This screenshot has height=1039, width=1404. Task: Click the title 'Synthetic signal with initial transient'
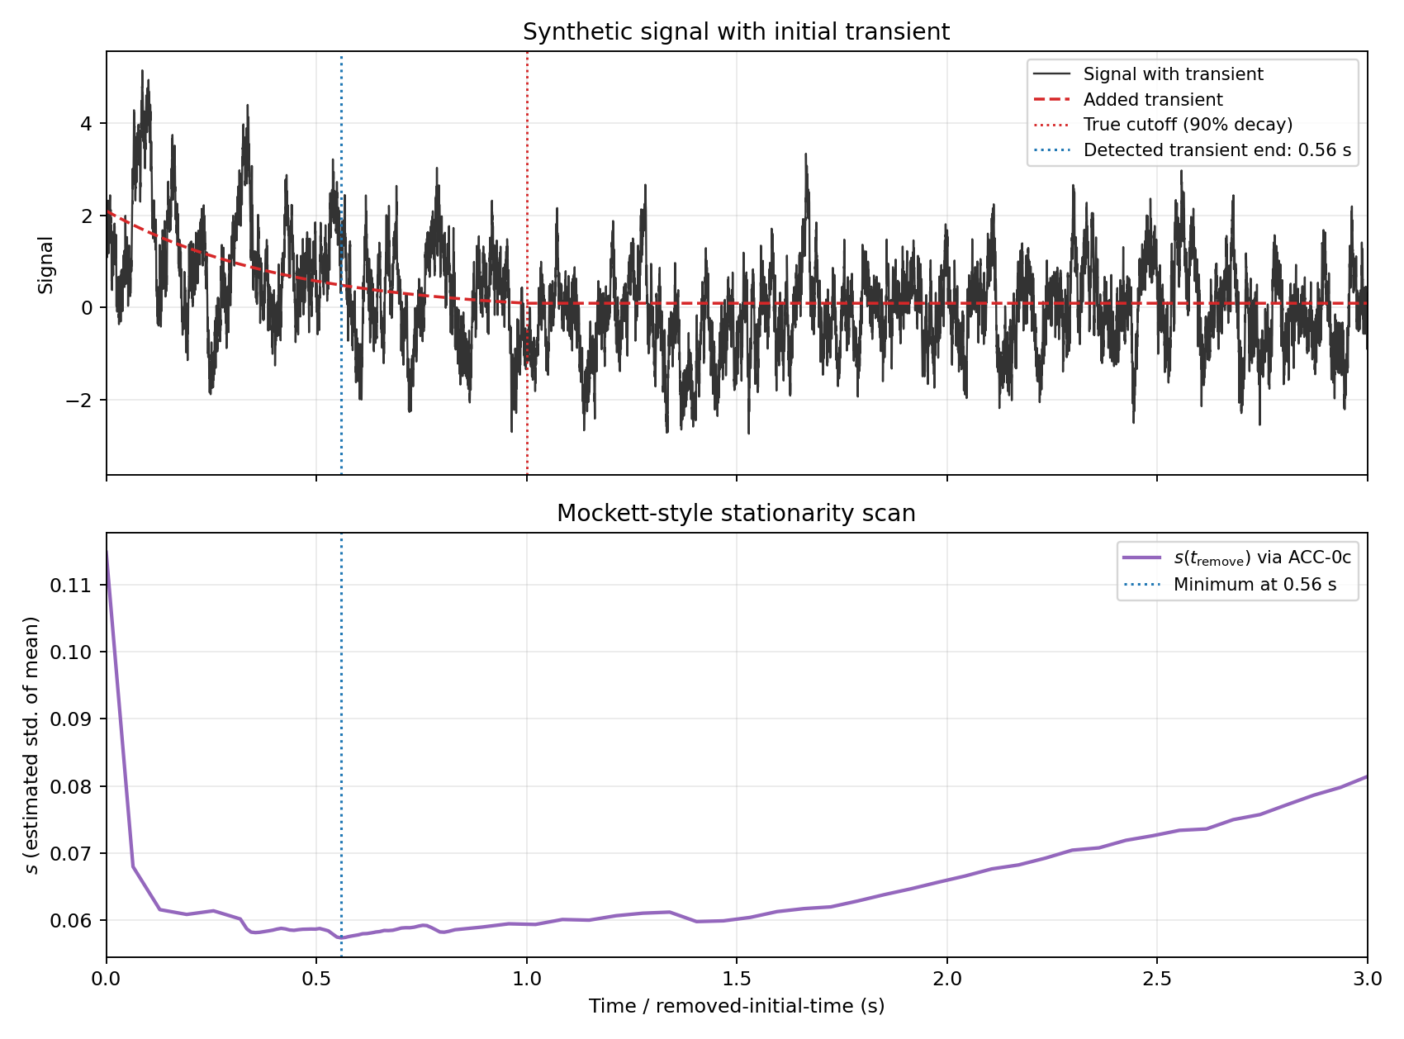coord(736,32)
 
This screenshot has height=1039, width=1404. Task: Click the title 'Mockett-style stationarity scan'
coord(736,514)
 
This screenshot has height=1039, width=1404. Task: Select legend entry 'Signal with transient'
coord(1173,74)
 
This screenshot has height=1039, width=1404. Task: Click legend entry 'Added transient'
coord(1153,100)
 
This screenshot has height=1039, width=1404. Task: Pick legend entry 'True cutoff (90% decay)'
coord(1188,125)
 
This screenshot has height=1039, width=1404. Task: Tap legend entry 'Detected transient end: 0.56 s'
coord(1217,150)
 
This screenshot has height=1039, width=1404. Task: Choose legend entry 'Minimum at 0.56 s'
coord(1255,585)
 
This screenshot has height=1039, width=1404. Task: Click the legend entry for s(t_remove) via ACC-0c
coord(1262,558)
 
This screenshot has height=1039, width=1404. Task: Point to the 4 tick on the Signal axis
coord(87,124)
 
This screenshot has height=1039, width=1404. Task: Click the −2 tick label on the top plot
coord(81,401)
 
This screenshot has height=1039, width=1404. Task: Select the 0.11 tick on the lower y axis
coord(70,586)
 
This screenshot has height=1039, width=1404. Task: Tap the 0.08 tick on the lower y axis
coord(70,786)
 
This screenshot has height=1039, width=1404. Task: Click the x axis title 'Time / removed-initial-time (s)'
coord(736,1006)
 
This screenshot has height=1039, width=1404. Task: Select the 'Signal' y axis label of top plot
coord(46,264)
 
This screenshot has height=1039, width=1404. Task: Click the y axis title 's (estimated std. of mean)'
coord(31,745)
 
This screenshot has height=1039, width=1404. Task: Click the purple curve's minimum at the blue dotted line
coord(341,938)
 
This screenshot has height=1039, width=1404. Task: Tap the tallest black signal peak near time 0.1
coord(142,71)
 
